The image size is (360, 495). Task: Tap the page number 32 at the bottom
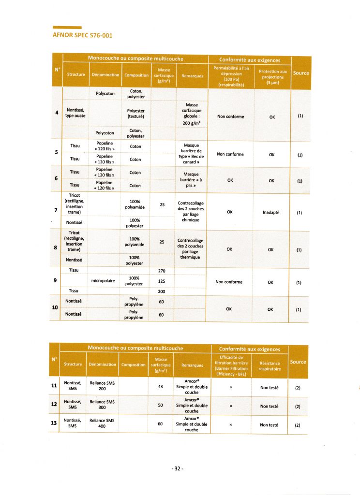click(178, 468)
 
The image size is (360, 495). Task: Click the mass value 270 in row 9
click(162, 271)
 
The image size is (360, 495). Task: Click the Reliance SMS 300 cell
click(102, 405)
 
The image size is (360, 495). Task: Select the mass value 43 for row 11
click(161, 385)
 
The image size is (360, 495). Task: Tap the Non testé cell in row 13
click(269, 425)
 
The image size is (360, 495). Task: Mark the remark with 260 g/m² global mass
click(191, 114)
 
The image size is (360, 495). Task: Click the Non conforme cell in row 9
click(229, 282)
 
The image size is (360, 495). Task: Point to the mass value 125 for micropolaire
click(162, 281)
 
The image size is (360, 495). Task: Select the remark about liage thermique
click(191, 249)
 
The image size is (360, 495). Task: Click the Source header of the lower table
click(298, 362)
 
